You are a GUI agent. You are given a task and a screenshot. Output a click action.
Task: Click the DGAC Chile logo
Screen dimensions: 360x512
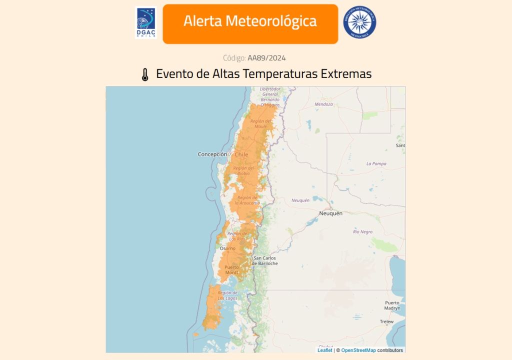click(145, 23)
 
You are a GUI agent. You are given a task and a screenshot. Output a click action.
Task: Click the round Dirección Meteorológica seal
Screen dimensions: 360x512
click(359, 22)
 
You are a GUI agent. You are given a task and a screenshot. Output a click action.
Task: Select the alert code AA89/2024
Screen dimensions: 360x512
click(266, 58)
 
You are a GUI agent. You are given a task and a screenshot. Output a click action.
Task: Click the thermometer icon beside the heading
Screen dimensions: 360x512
click(145, 75)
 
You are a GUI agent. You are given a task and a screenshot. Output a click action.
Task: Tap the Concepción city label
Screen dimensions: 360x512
click(212, 154)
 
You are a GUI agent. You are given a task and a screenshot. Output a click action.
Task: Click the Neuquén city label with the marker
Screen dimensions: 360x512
click(331, 213)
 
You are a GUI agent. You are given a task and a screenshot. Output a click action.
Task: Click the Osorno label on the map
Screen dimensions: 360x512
click(227, 248)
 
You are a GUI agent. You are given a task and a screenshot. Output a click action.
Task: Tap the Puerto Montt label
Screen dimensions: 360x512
click(231, 269)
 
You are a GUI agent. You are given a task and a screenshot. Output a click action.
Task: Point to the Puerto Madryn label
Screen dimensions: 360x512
click(392, 305)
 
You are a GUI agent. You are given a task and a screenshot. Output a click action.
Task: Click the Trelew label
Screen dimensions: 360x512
click(386, 321)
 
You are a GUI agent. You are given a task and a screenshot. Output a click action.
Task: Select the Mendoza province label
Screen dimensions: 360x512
click(323, 104)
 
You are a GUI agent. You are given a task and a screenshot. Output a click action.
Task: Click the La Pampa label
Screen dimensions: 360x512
click(376, 163)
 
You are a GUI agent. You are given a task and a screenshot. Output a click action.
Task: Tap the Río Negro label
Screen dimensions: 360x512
click(362, 232)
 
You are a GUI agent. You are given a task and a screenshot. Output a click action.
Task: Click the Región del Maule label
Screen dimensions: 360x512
click(260, 123)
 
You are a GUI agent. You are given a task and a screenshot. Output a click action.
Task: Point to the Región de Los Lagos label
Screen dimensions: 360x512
click(227, 295)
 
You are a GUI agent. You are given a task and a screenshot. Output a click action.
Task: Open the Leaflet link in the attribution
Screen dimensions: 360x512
click(324, 350)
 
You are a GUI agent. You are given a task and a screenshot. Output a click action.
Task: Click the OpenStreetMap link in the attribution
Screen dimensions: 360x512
click(358, 350)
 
